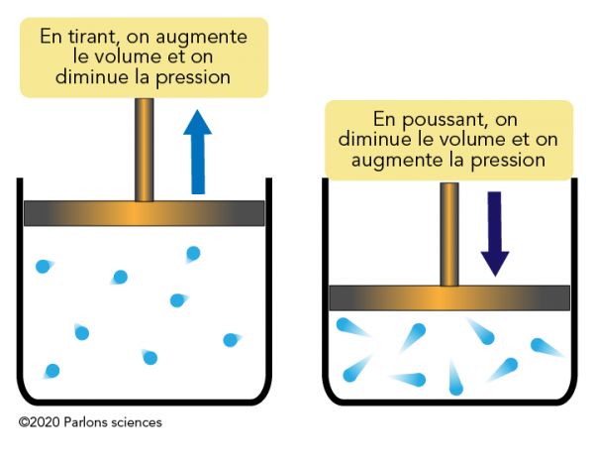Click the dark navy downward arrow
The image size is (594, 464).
click(x=494, y=233)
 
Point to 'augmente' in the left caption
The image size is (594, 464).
click(x=207, y=38)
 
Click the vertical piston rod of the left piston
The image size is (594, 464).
click(x=145, y=149)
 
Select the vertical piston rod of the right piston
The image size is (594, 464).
click(x=449, y=233)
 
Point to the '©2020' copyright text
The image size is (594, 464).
click(x=39, y=421)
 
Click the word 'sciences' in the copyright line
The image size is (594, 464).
click(x=139, y=421)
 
